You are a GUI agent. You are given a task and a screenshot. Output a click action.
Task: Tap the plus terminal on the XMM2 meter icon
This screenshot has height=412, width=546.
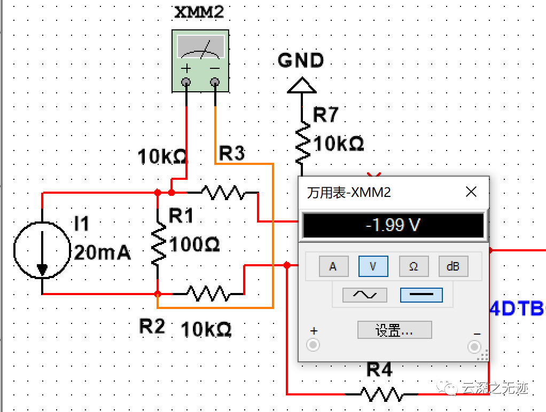[186, 82]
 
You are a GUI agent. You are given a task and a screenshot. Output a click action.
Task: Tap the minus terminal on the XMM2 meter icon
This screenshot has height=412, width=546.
[215, 82]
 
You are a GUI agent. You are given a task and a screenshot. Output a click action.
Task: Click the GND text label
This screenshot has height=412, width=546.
[301, 61]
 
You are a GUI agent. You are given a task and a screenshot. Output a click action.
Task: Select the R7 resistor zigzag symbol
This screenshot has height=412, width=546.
[302, 142]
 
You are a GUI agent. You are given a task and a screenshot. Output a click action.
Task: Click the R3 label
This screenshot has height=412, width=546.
[232, 154]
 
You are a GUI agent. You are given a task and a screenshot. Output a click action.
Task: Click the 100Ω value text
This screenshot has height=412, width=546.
[194, 245]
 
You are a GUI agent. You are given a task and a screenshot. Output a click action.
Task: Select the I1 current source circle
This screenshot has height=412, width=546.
[42, 250]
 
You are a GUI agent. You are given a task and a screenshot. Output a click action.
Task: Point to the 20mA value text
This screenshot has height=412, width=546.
[102, 252]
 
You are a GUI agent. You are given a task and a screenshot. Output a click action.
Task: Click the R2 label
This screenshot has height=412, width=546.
[152, 326]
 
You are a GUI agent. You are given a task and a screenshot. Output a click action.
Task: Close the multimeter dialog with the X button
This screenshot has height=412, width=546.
[471, 192]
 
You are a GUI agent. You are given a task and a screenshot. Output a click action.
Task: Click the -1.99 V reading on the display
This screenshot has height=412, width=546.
[393, 225]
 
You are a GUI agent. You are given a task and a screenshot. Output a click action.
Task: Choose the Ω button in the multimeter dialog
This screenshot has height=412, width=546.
[413, 266]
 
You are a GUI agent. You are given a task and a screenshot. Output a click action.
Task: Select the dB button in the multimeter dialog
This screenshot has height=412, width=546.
[453, 266]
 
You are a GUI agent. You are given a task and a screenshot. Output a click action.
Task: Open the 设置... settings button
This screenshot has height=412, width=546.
[394, 330]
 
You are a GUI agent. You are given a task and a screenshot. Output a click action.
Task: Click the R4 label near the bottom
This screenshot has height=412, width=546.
[379, 369]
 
